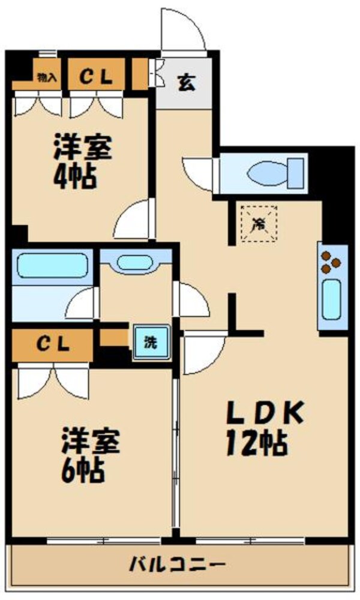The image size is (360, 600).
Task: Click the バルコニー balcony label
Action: point(177,565)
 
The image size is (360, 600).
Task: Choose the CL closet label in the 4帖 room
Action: point(96,76)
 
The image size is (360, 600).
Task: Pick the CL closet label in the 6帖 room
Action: point(53,344)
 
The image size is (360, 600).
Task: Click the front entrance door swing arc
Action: point(183,30)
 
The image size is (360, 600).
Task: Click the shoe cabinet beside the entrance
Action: point(139,73)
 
